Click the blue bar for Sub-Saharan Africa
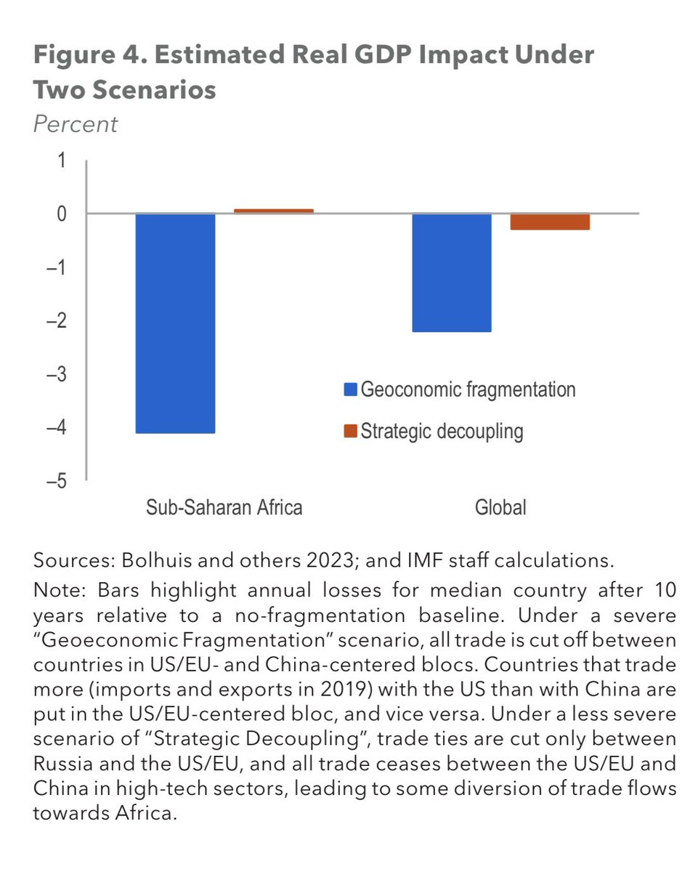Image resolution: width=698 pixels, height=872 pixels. [x=175, y=323]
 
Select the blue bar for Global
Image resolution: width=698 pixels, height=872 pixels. [x=452, y=272]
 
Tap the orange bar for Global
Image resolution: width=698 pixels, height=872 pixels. [x=550, y=222]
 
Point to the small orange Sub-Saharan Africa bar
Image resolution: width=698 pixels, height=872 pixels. [x=273, y=211]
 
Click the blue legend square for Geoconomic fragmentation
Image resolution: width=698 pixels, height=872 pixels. [x=351, y=390]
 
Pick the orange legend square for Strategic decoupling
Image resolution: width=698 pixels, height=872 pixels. [x=351, y=432]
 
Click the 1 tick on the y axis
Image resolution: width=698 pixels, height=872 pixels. [x=60, y=161]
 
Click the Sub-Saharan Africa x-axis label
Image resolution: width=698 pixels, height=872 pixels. [x=224, y=507]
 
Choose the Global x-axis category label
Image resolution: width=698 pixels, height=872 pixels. [x=500, y=507]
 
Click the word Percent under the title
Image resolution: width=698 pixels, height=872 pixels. [x=75, y=124]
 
